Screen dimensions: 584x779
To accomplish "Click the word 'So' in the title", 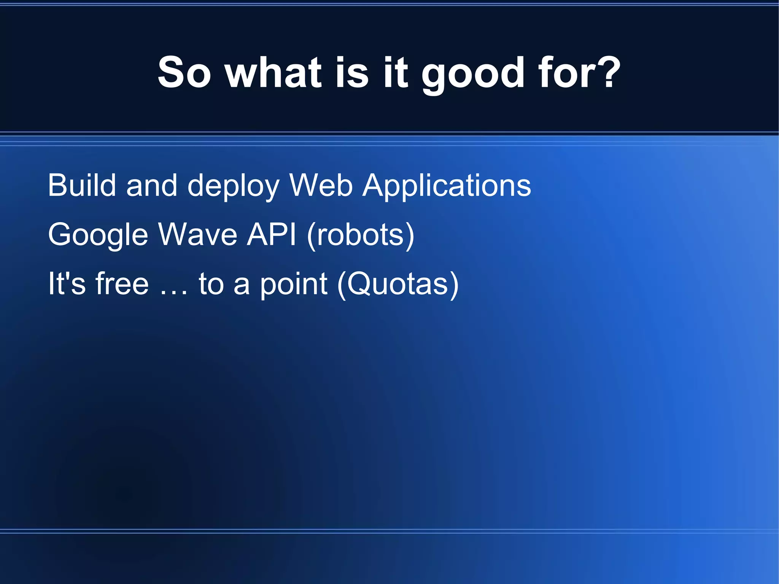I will [184, 72].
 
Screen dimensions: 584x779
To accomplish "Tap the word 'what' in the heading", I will [273, 72].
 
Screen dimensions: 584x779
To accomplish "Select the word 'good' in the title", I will [471, 74].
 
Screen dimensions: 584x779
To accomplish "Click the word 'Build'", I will [81, 185].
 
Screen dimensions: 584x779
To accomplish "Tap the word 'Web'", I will [321, 185].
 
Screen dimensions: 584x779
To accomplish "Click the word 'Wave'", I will [198, 235].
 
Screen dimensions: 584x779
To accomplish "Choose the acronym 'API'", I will [271, 235].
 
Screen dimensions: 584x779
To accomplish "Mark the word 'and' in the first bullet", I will [152, 185].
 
